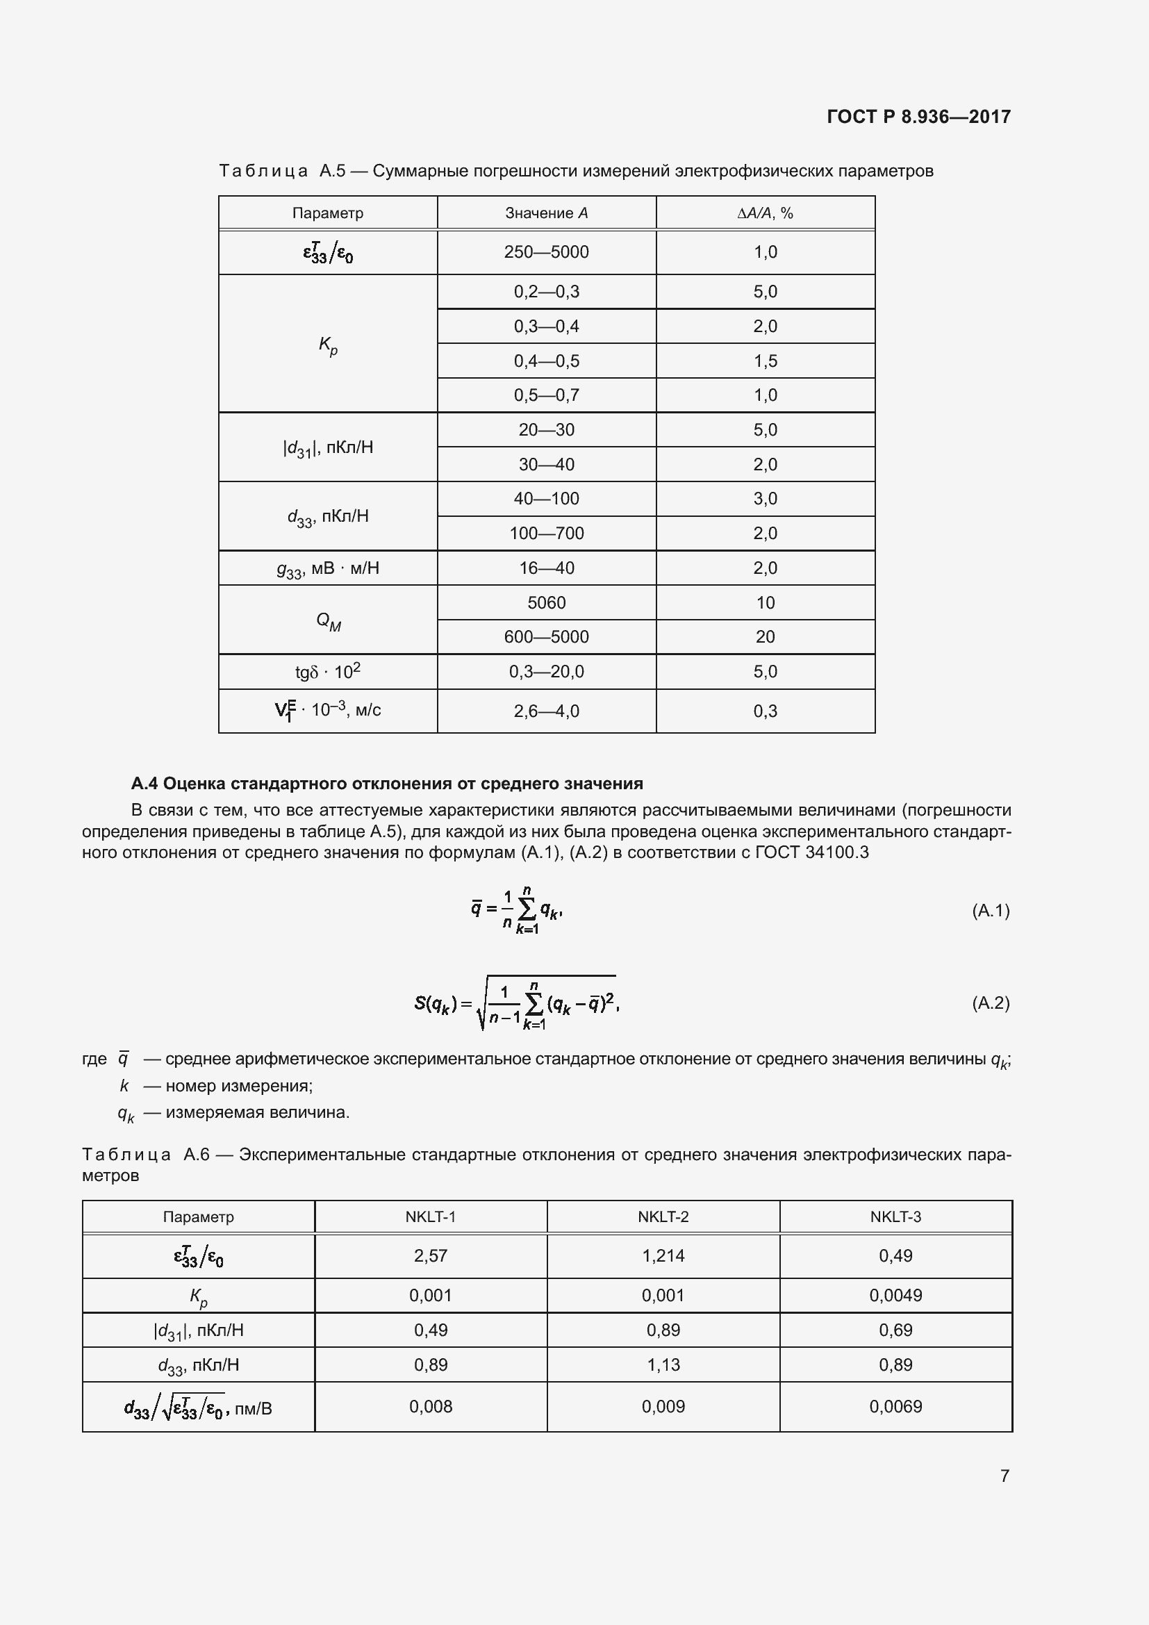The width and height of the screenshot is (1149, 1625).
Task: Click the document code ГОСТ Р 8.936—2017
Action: (918, 117)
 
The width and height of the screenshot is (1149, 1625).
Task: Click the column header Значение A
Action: (546, 213)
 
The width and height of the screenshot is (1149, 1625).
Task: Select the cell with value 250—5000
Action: (546, 252)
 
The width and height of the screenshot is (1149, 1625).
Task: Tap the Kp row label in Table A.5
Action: (328, 345)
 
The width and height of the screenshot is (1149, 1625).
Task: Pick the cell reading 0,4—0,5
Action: (546, 361)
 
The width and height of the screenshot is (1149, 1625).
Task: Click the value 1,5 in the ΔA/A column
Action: (765, 361)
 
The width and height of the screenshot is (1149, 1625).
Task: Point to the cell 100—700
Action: (546, 533)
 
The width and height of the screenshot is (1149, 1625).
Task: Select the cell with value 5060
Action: (546, 602)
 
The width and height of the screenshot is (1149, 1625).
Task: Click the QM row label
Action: (328, 620)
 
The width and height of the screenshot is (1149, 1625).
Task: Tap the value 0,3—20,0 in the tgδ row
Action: (546, 671)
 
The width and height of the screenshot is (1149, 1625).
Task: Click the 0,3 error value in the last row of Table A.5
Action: (765, 711)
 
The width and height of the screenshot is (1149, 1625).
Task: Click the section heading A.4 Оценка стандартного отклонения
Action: (386, 784)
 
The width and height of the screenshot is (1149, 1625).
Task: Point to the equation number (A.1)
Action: (990, 910)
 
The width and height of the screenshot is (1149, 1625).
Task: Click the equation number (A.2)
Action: (990, 1003)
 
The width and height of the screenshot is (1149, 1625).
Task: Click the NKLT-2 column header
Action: (663, 1216)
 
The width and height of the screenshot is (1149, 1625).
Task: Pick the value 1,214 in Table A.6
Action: (663, 1255)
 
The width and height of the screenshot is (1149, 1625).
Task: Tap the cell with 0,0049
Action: (895, 1295)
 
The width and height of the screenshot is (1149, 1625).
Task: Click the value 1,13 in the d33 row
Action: (663, 1364)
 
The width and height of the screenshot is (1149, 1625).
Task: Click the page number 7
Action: (1004, 1475)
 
